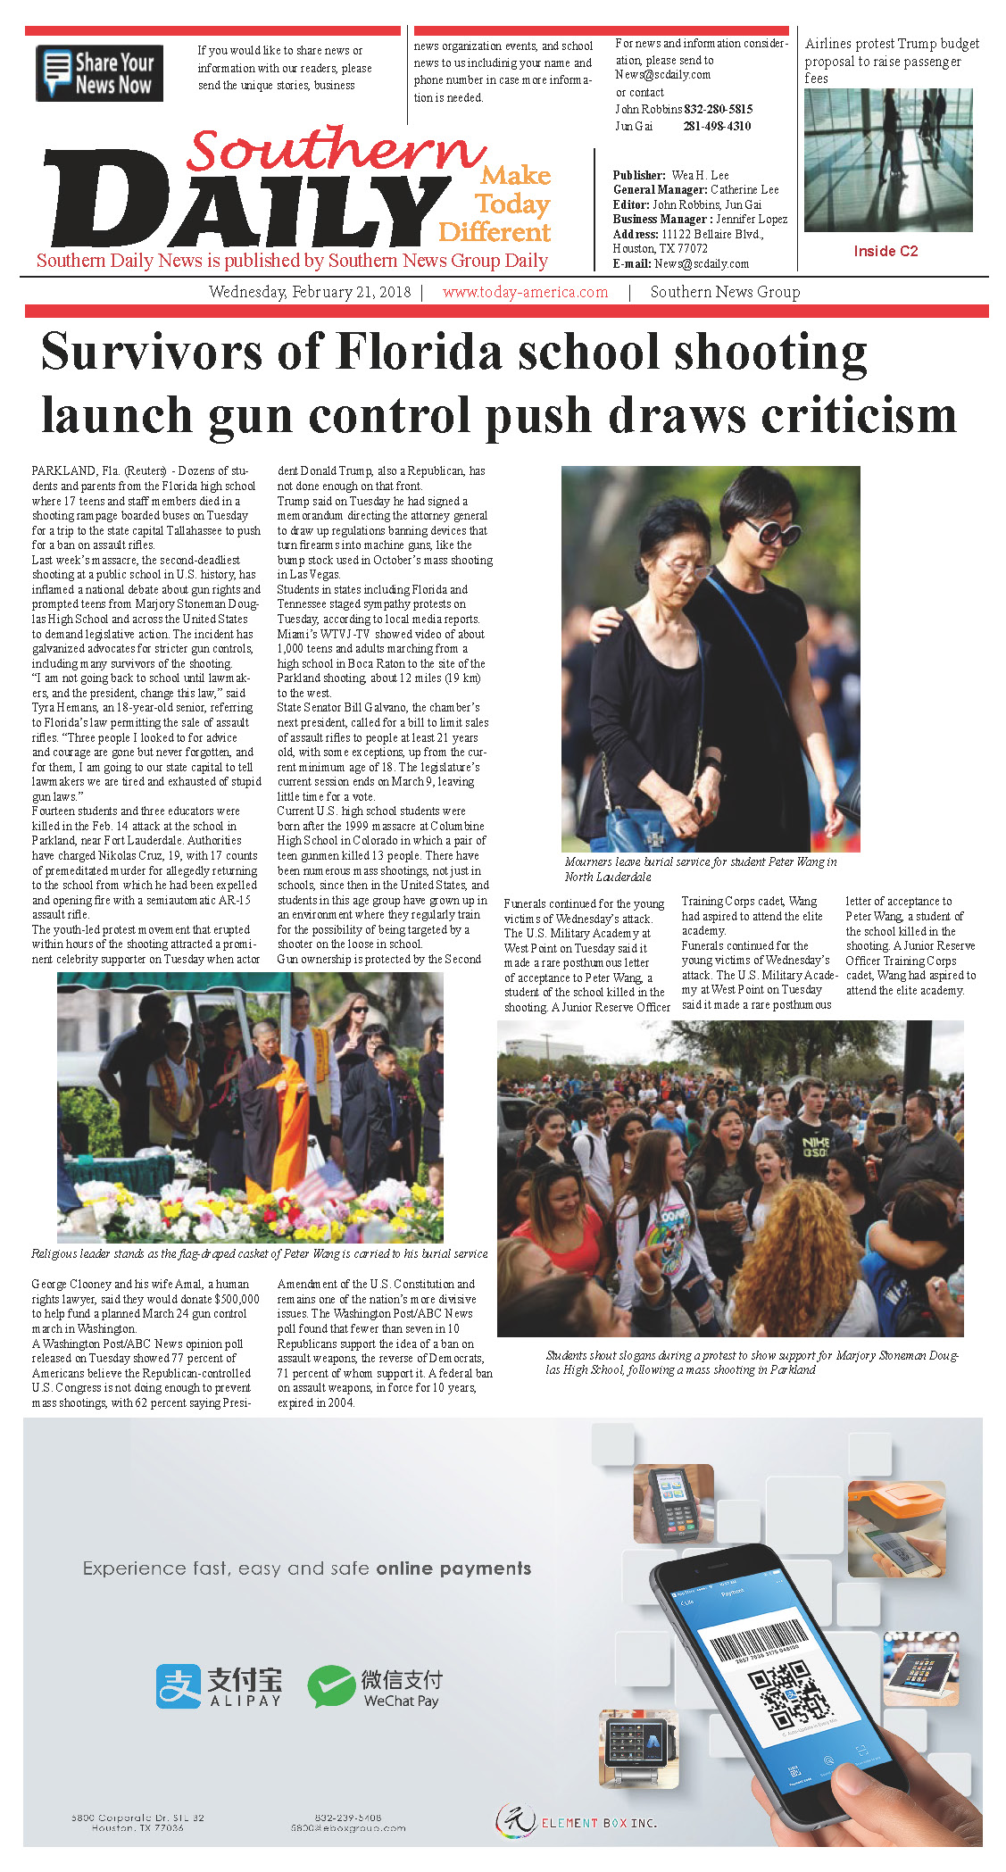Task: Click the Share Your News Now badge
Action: (99, 73)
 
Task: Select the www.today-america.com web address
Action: (525, 292)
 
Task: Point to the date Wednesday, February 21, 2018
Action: (310, 292)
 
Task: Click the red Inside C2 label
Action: (885, 251)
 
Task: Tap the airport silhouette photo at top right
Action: (887, 160)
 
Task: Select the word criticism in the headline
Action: (858, 415)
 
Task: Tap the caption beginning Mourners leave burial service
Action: (701, 869)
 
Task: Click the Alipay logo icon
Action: (179, 1686)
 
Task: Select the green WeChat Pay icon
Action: (331, 1686)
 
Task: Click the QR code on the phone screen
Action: (788, 1693)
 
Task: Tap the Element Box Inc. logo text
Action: (611, 1822)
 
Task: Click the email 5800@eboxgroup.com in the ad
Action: (347, 1827)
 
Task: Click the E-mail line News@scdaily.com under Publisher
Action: (680, 263)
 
